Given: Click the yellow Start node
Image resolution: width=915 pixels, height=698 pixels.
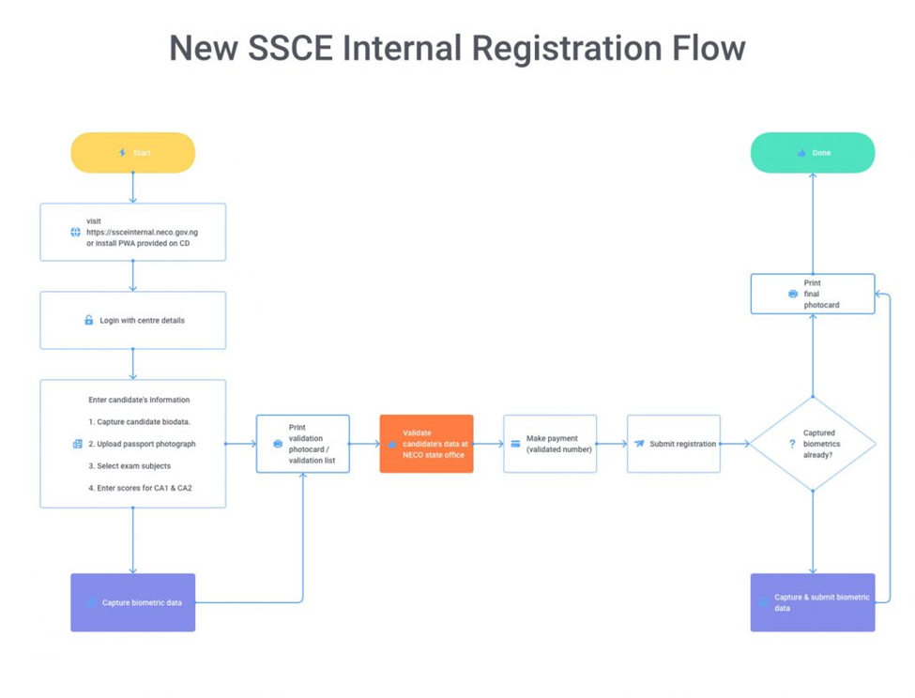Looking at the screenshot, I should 132,153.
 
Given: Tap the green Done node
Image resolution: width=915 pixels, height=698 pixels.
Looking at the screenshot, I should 812,153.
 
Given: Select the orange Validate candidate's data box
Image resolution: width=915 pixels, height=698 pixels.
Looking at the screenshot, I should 426,444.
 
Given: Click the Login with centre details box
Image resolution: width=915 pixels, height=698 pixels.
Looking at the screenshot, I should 132,321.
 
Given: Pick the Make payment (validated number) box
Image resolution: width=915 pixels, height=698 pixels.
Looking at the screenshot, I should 550,444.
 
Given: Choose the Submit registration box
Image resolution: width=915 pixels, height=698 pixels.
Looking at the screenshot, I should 674,444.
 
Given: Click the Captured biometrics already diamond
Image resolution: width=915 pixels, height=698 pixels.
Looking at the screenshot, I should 813,444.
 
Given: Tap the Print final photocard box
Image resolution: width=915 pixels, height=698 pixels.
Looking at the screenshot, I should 813,294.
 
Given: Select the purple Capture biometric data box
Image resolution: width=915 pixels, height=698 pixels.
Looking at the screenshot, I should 132,602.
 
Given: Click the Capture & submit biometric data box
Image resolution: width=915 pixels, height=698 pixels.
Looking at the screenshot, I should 813,602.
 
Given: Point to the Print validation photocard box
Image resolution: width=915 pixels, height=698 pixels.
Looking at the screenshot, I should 303,444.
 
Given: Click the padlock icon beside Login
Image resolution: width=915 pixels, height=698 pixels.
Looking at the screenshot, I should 89,321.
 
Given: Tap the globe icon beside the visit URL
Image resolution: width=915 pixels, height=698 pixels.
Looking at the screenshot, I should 76,232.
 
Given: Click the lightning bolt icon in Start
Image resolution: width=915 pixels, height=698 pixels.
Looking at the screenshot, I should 122,153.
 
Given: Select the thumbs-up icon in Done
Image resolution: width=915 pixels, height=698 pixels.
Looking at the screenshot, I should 801,153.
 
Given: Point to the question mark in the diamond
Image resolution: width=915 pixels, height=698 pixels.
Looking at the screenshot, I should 792,444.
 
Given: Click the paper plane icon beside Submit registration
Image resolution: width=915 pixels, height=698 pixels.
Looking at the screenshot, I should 639,444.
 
